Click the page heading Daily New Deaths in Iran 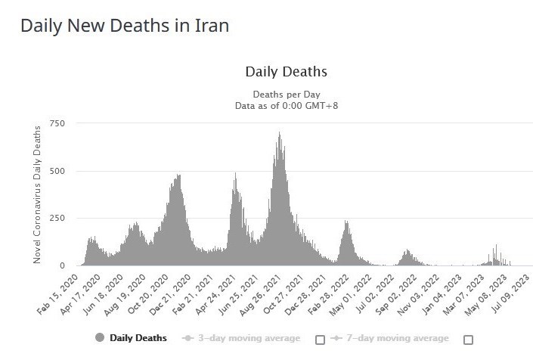pyautogui.click(x=125, y=25)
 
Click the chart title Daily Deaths pyautogui.click(x=286, y=72)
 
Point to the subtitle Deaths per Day pyautogui.click(x=286, y=94)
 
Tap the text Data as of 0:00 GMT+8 pyautogui.click(x=286, y=106)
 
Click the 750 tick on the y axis pyautogui.click(x=57, y=123)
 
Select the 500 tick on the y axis pyautogui.click(x=57, y=171)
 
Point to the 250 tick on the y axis pyautogui.click(x=57, y=219)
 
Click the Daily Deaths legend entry pyautogui.click(x=139, y=338)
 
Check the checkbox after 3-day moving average pyautogui.click(x=320, y=340)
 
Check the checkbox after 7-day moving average pyautogui.click(x=468, y=340)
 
